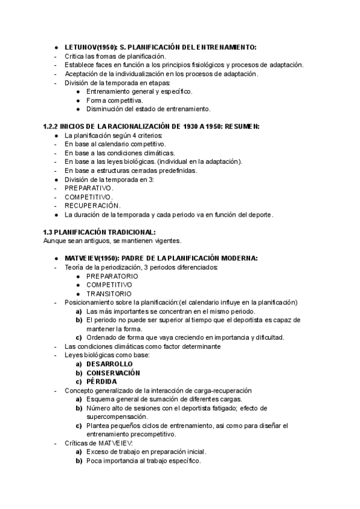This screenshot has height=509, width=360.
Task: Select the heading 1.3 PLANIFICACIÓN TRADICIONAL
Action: [99, 232]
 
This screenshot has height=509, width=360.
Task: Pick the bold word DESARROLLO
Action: [109, 364]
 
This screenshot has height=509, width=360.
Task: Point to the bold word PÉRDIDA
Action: [101, 382]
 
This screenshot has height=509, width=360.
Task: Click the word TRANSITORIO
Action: [109, 294]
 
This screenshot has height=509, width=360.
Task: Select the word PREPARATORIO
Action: [112, 276]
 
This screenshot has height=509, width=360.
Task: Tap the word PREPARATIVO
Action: [89, 188]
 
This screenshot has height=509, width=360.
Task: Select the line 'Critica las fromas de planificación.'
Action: [115, 56]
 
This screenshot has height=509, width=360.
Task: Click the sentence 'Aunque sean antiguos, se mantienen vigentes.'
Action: [112, 241]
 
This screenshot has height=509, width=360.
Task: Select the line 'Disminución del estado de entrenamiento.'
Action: [148, 109]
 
